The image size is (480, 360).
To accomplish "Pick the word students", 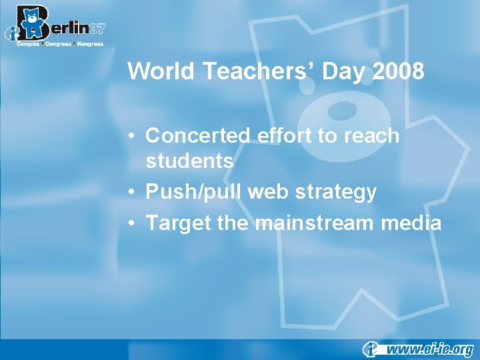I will [x=189, y=161].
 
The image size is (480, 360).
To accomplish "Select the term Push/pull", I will [x=194, y=193].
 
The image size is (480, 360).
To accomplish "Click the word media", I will [x=413, y=222].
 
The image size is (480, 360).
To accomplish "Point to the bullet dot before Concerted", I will [x=134, y=137].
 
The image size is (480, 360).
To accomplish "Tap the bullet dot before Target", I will [x=134, y=223].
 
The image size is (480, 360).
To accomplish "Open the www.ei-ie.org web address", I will [x=430, y=348].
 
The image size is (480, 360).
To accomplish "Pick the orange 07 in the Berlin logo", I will [x=97, y=28].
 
